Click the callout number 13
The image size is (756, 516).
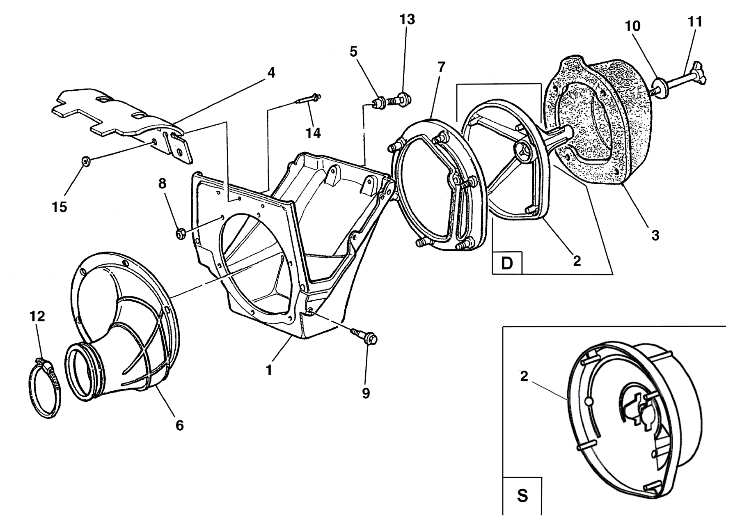pyautogui.click(x=407, y=19)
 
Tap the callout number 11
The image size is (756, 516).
pyautogui.click(x=695, y=22)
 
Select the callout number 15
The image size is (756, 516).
pyautogui.click(x=60, y=207)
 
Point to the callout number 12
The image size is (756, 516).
pyautogui.click(x=37, y=316)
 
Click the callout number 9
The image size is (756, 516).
pyautogui.click(x=366, y=393)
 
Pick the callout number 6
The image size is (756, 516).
pyautogui.click(x=179, y=426)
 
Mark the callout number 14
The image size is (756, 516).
pyautogui.click(x=313, y=133)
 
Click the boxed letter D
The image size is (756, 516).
pyautogui.click(x=507, y=263)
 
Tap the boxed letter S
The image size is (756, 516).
pyautogui.click(x=522, y=495)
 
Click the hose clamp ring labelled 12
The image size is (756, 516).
pyautogui.click(x=44, y=388)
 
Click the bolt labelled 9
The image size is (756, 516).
pyautogui.click(x=364, y=335)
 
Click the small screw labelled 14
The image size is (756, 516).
pyautogui.click(x=307, y=99)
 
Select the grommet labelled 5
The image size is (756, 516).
pyautogui.click(x=378, y=102)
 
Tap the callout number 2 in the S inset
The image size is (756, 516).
pyautogui.click(x=524, y=376)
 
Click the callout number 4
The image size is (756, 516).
pyautogui.click(x=271, y=73)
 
